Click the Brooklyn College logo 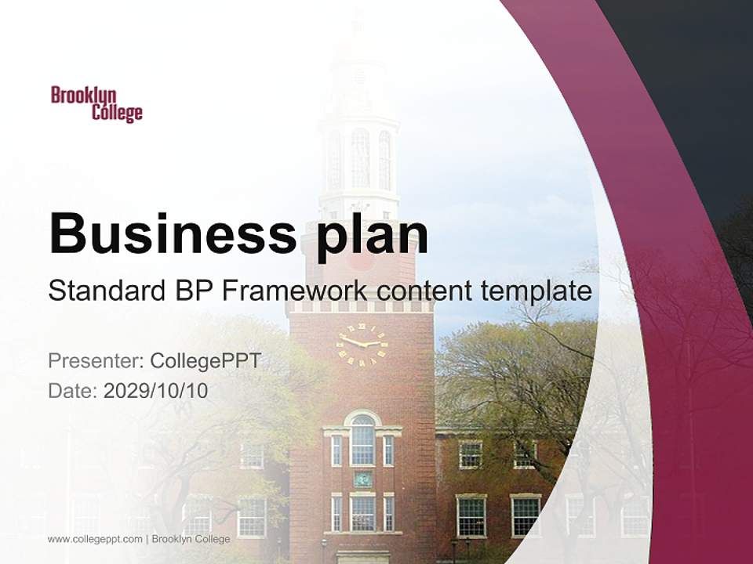point(96,104)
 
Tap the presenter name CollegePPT point(206,361)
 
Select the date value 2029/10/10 point(156,390)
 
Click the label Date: point(73,390)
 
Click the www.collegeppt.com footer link point(95,539)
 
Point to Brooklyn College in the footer point(191,539)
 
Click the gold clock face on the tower point(362,343)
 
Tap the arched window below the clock point(362,439)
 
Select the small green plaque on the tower point(362,479)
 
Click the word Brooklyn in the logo point(84,96)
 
